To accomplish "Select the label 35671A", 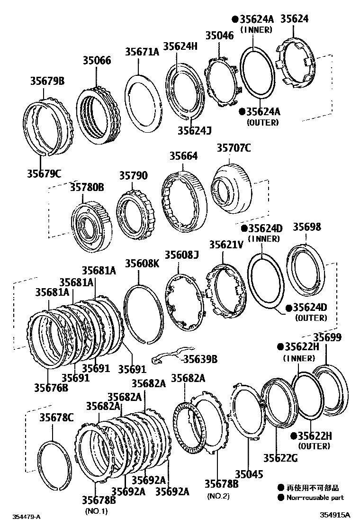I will click(142, 52).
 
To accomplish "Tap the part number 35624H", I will click(180, 46).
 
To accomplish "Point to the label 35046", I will click(219, 36).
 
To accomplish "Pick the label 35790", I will click(133, 176).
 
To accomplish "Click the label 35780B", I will click(87, 187).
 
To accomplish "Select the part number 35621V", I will click(226, 245).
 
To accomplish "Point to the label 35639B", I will click(200, 359).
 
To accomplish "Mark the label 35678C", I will click(56, 417).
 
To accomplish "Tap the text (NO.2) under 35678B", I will click(218, 496).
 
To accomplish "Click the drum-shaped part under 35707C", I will click(230, 190).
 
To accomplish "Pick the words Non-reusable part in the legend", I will click(315, 498).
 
